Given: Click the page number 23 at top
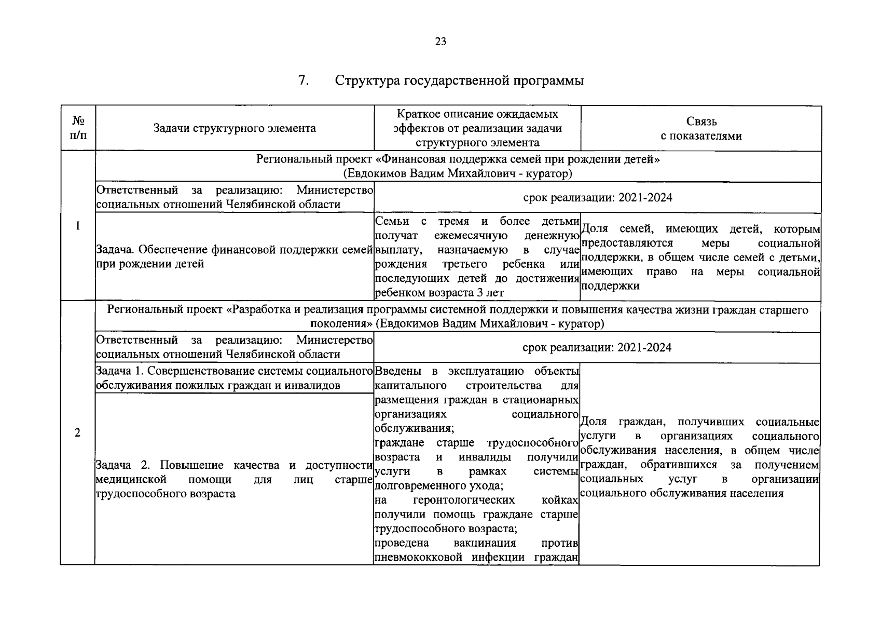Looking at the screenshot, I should click(440, 42).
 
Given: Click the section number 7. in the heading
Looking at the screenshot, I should click(304, 81).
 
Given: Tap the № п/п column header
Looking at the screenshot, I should click(78, 128).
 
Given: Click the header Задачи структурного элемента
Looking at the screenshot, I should click(235, 128).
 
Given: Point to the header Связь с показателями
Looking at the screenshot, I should click(701, 128).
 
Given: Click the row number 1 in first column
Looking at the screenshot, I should click(78, 225).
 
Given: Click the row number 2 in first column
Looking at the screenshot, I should click(78, 432).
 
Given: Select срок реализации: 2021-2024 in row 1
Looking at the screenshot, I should click(597, 197).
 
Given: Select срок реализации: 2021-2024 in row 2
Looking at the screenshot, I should click(597, 347).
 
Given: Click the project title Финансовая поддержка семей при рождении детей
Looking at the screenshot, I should click(458, 159).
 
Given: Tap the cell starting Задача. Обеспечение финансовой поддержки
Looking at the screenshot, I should click(235, 256).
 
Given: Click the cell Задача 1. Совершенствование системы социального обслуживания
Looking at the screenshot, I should click(235, 378).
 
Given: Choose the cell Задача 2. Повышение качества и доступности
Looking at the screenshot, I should click(235, 479).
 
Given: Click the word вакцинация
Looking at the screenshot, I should click(485, 543).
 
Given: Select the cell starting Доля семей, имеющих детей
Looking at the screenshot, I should click(701, 257).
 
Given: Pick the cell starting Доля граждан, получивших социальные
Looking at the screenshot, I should click(700, 457).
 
